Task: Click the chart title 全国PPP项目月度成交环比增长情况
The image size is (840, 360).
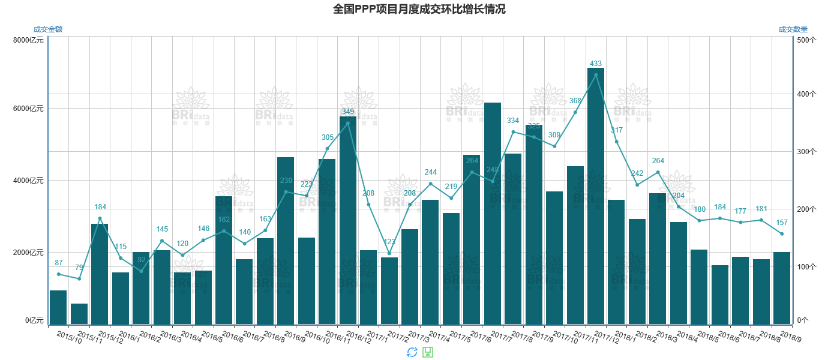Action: click(x=419, y=9)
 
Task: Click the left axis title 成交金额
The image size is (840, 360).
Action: click(x=48, y=29)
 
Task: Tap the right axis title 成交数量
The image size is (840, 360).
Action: click(x=793, y=29)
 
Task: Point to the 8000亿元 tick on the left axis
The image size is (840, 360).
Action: click(x=28, y=40)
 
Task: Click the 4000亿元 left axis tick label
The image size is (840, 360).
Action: click(x=28, y=181)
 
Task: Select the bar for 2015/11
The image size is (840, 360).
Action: click(x=79, y=314)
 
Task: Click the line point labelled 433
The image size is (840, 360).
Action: click(x=596, y=75)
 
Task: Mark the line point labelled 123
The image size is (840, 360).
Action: click(x=389, y=253)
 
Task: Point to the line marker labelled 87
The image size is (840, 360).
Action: click(x=58, y=274)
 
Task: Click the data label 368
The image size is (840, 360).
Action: click(x=575, y=101)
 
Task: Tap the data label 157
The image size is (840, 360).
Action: click(x=782, y=223)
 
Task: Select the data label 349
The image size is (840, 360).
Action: click(x=348, y=112)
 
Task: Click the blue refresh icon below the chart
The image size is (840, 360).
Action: click(x=412, y=352)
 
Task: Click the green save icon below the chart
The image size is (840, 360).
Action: click(x=428, y=352)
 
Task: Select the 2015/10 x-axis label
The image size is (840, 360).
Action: click(x=69, y=337)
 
